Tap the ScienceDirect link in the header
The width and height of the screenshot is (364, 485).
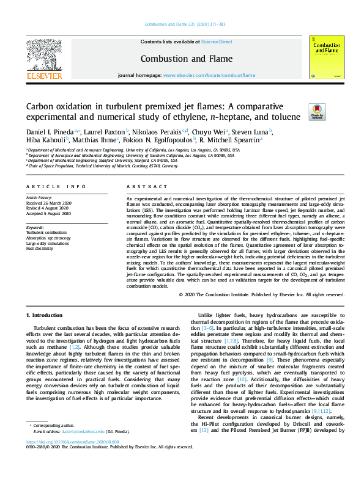217,42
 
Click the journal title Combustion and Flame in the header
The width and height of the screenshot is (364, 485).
182,59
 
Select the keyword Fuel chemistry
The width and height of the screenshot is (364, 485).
39,249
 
